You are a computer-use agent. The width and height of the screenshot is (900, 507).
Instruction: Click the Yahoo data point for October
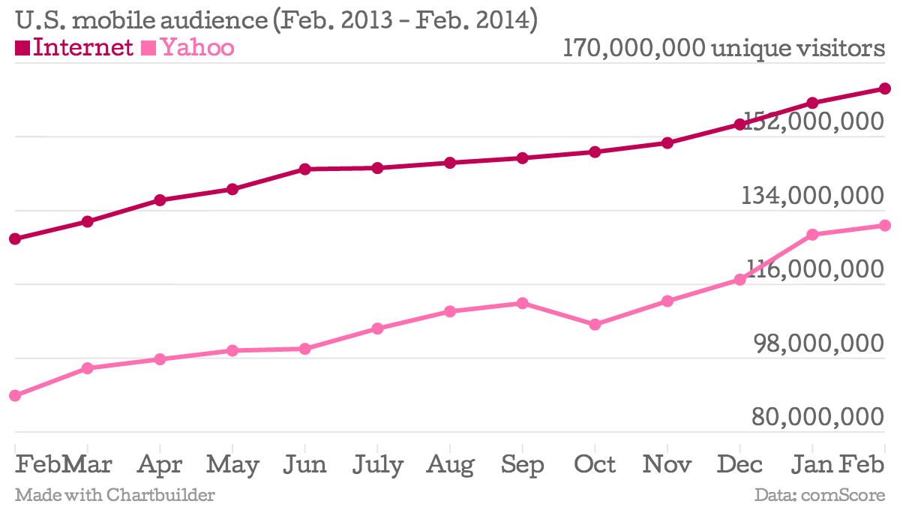pos(595,325)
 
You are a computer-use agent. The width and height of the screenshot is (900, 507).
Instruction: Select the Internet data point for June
pos(304,169)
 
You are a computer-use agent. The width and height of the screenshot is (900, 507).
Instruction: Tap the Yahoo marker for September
pos(522,303)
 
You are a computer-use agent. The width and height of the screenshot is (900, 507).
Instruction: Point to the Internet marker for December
pos(739,124)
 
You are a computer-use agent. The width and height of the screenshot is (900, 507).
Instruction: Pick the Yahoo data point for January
pos(812,235)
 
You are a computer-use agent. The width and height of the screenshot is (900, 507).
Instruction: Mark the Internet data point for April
pos(160,200)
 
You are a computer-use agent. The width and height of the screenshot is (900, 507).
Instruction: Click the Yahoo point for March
pos(87,368)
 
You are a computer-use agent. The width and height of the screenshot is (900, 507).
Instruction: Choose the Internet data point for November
pos(667,142)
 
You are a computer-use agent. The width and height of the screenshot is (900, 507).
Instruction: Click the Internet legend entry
pos(74,48)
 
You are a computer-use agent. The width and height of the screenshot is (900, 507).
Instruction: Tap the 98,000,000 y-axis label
pos(817,343)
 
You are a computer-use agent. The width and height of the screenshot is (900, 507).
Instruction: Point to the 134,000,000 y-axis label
pos(813,196)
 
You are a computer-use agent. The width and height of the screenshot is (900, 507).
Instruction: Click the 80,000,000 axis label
pos(817,417)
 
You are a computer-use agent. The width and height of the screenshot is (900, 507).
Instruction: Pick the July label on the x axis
pos(377,465)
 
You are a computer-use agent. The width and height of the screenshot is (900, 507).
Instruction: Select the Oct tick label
pos(595,465)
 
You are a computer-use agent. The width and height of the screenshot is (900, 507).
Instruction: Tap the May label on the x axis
pos(232,465)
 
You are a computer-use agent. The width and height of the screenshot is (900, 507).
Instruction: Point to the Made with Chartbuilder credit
pos(115,495)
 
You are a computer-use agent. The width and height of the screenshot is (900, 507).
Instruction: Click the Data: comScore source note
pos(820,495)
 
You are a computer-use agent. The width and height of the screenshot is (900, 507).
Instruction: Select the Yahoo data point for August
pos(450,311)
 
